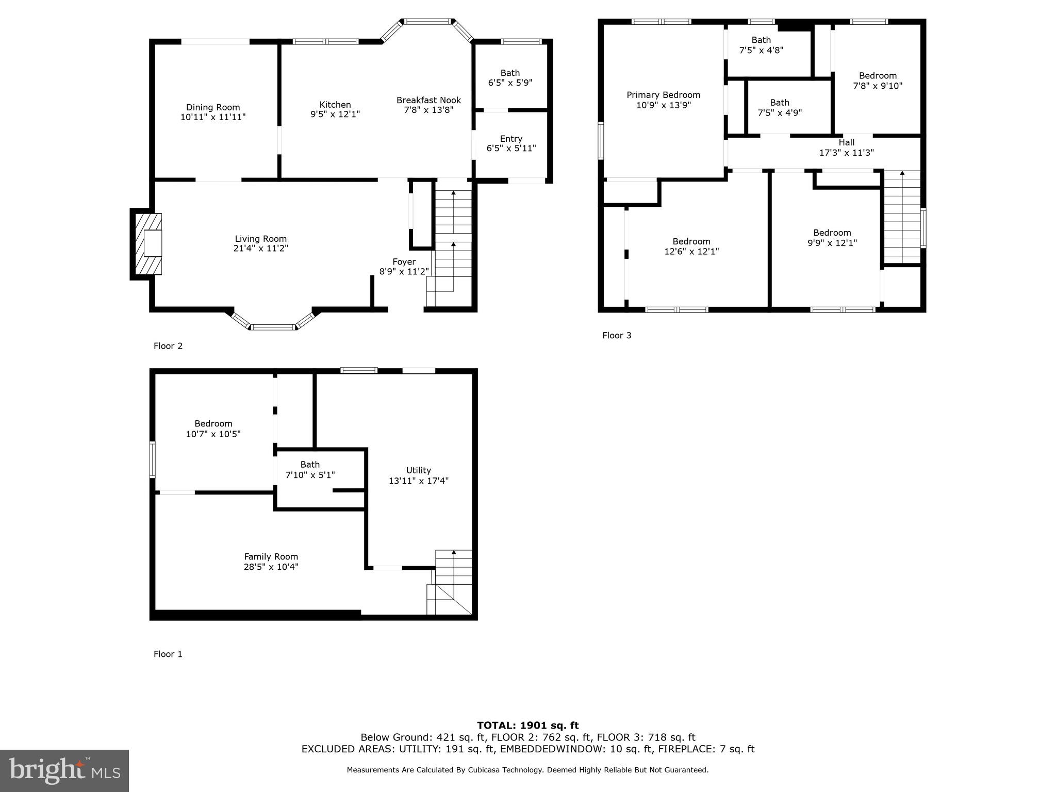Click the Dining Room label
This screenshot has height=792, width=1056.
point(213,107)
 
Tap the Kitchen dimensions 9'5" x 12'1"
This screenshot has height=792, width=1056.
point(335,114)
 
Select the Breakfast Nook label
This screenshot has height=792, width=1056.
point(428,100)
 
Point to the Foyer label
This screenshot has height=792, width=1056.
point(404,261)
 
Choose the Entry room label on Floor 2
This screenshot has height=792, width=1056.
point(511,139)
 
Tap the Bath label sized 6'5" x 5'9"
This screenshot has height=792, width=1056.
point(510,73)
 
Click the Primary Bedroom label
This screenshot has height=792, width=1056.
point(663,95)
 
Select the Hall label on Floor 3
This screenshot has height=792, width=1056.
point(846,142)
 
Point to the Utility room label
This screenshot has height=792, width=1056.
point(418,470)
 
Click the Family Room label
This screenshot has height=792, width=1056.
point(271,556)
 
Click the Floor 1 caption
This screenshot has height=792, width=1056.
point(168,654)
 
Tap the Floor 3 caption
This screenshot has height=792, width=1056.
point(617,335)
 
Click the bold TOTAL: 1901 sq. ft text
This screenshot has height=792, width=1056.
point(527,725)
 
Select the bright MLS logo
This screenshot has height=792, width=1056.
point(64,770)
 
